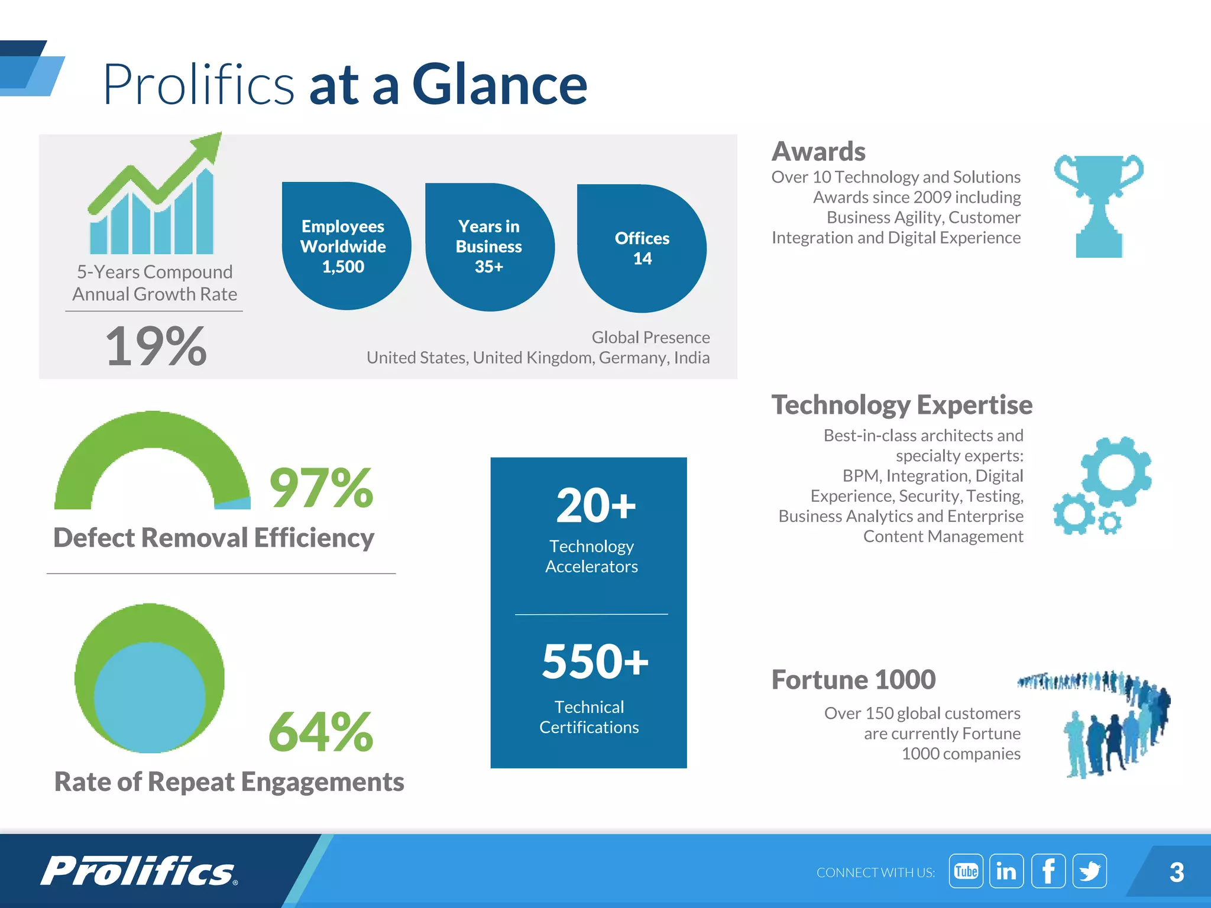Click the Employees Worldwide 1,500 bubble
point(345,246)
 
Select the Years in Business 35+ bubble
point(490,247)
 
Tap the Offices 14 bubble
point(642,248)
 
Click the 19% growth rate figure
point(156,346)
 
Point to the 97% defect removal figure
point(321,488)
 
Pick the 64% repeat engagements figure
point(321,732)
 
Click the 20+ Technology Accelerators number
point(595,506)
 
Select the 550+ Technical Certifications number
point(595,661)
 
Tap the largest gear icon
point(1116,472)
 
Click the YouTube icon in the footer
point(966,871)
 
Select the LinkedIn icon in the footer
point(1006,871)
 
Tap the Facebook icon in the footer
point(1048,871)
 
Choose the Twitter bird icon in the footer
point(1089,871)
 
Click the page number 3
point(1177,872)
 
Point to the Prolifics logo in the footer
point(139,871)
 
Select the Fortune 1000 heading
point(853,680)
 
